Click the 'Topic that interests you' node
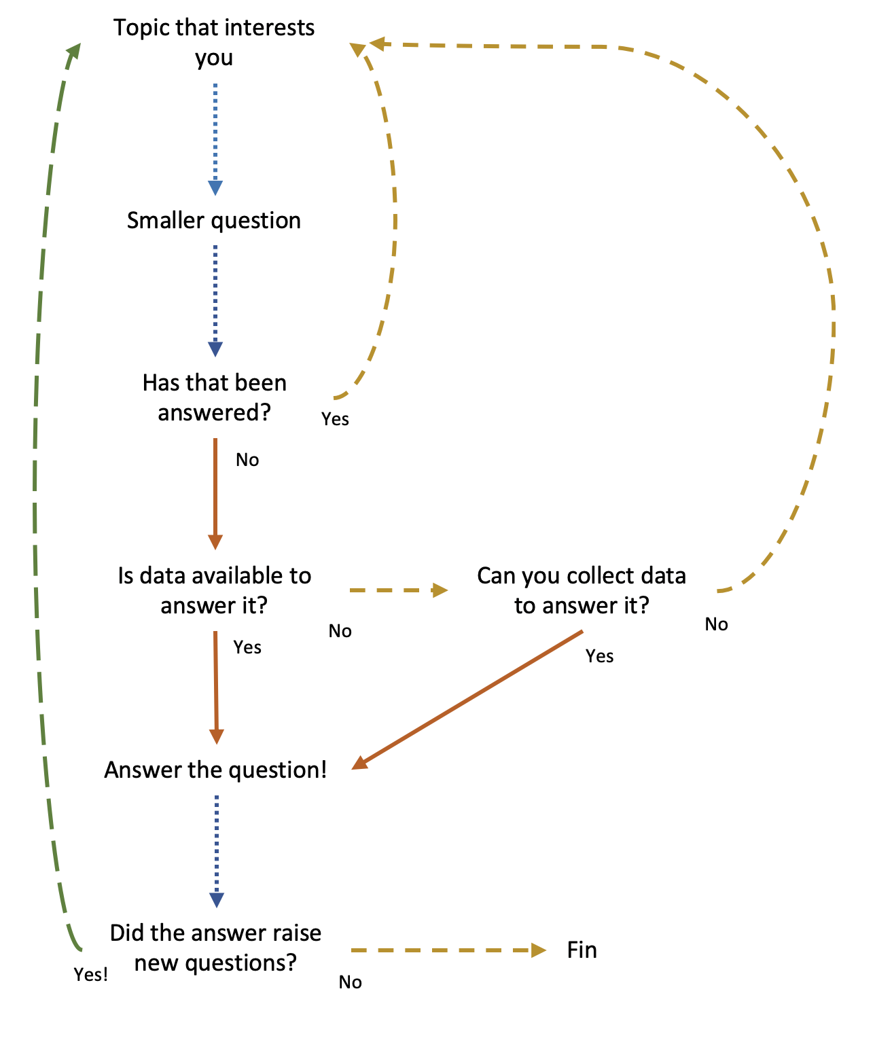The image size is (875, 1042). (214, 42)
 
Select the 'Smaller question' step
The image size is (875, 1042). (214, 221)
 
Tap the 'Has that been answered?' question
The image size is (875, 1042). (214, 397)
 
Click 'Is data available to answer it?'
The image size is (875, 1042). (214, 590)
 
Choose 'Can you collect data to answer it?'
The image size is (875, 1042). (582, 590)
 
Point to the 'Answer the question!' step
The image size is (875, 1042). (215, 770)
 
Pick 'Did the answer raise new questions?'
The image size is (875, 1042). (215, 948)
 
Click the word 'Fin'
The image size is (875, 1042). (582, 950)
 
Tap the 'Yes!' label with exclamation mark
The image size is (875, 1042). (91, 975)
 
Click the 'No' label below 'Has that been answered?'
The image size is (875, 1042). (247, 461)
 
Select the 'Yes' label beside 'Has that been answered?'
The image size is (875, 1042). (336, 419)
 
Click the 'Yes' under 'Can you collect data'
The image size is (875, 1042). (600, 656)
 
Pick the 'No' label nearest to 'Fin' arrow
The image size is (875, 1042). (351, 982)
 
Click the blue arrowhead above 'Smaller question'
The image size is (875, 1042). (215, 188)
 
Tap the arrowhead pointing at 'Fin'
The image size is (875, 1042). (539, 950)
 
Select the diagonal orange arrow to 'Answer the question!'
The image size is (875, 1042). (469, 699)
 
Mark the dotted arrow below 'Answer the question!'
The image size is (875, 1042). (216, 849)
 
